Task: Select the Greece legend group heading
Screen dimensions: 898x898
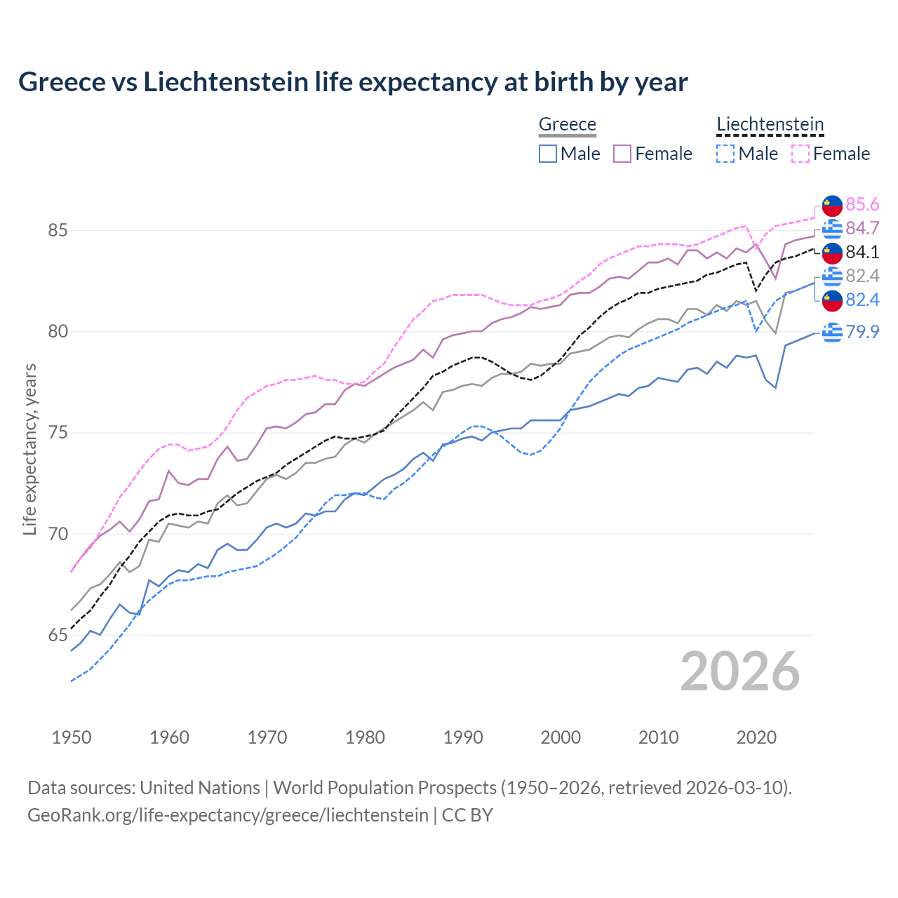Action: tap(567, 124)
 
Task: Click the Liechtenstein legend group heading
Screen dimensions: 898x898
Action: tap(770, 124)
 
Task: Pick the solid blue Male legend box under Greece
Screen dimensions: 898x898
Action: tap(548, 154)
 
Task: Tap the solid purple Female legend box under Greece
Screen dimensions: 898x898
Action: tap(622, 154)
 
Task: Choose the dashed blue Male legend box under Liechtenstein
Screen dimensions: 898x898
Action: tap(725, 154)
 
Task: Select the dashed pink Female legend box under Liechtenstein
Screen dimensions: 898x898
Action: tap(800, 154)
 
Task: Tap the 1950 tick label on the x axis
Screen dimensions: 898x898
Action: tap(72, 737)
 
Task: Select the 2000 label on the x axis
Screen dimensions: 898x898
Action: tap(561, 737)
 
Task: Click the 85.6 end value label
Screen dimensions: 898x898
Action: tap(862, 204)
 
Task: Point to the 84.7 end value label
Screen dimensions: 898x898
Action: tap(862, 228)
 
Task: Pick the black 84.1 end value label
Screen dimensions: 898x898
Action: tap(862, 252)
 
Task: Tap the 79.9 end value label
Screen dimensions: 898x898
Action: tap(862, 332)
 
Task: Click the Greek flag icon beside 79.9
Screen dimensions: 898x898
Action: tap(832, 332)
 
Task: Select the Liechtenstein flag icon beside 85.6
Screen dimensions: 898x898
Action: tap(832, 205)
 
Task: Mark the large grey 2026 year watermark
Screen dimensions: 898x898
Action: tap(739, 671)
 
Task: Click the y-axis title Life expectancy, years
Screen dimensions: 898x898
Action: tap(29, 449)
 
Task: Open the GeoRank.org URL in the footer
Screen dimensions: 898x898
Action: tap(228, 815)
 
